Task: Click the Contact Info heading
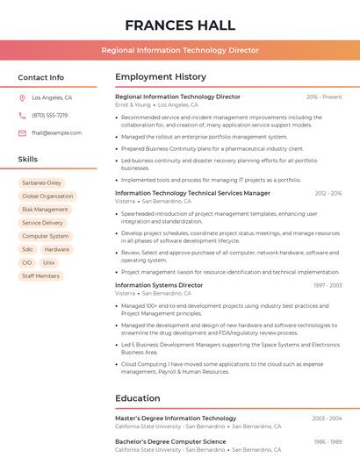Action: [x=41, y=77]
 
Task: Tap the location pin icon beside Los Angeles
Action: [x=22, y=98]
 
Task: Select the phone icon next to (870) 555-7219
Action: [x=22, y=115]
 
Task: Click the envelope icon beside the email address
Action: [x=22, y=132]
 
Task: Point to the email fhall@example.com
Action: [x=57, y=132]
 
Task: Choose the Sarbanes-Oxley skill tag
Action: [x=41, y=182]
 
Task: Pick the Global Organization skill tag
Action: [x=47, y=197]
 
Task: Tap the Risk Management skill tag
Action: [x=45, y=210]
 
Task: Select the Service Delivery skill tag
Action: [x=42, y=223]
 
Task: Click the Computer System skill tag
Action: [x=45, y=236]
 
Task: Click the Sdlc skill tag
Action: [x=28, y=249]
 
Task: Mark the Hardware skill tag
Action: [x=57, y=249]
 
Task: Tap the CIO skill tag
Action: [x=27, y=262]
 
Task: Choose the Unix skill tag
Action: [x=48, y=262]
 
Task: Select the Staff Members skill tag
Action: [x=40, y=275]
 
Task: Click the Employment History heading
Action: [x=161, y=77]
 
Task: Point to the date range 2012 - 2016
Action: [x=328, y=193]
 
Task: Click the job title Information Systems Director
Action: [x=159, y=285]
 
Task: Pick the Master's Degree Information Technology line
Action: [x=176, y=418]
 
